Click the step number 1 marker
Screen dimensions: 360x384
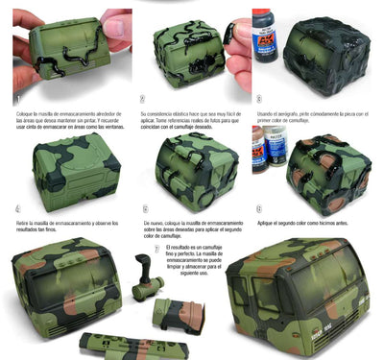[x=17, y=98]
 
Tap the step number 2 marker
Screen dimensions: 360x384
[x=142, y=98]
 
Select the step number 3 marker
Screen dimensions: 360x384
[x=258, y=98]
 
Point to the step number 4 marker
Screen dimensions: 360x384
[x=17, y=208]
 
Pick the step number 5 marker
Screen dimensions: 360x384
[x=145, y=208]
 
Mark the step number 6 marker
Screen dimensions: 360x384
[x=258, y=208]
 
